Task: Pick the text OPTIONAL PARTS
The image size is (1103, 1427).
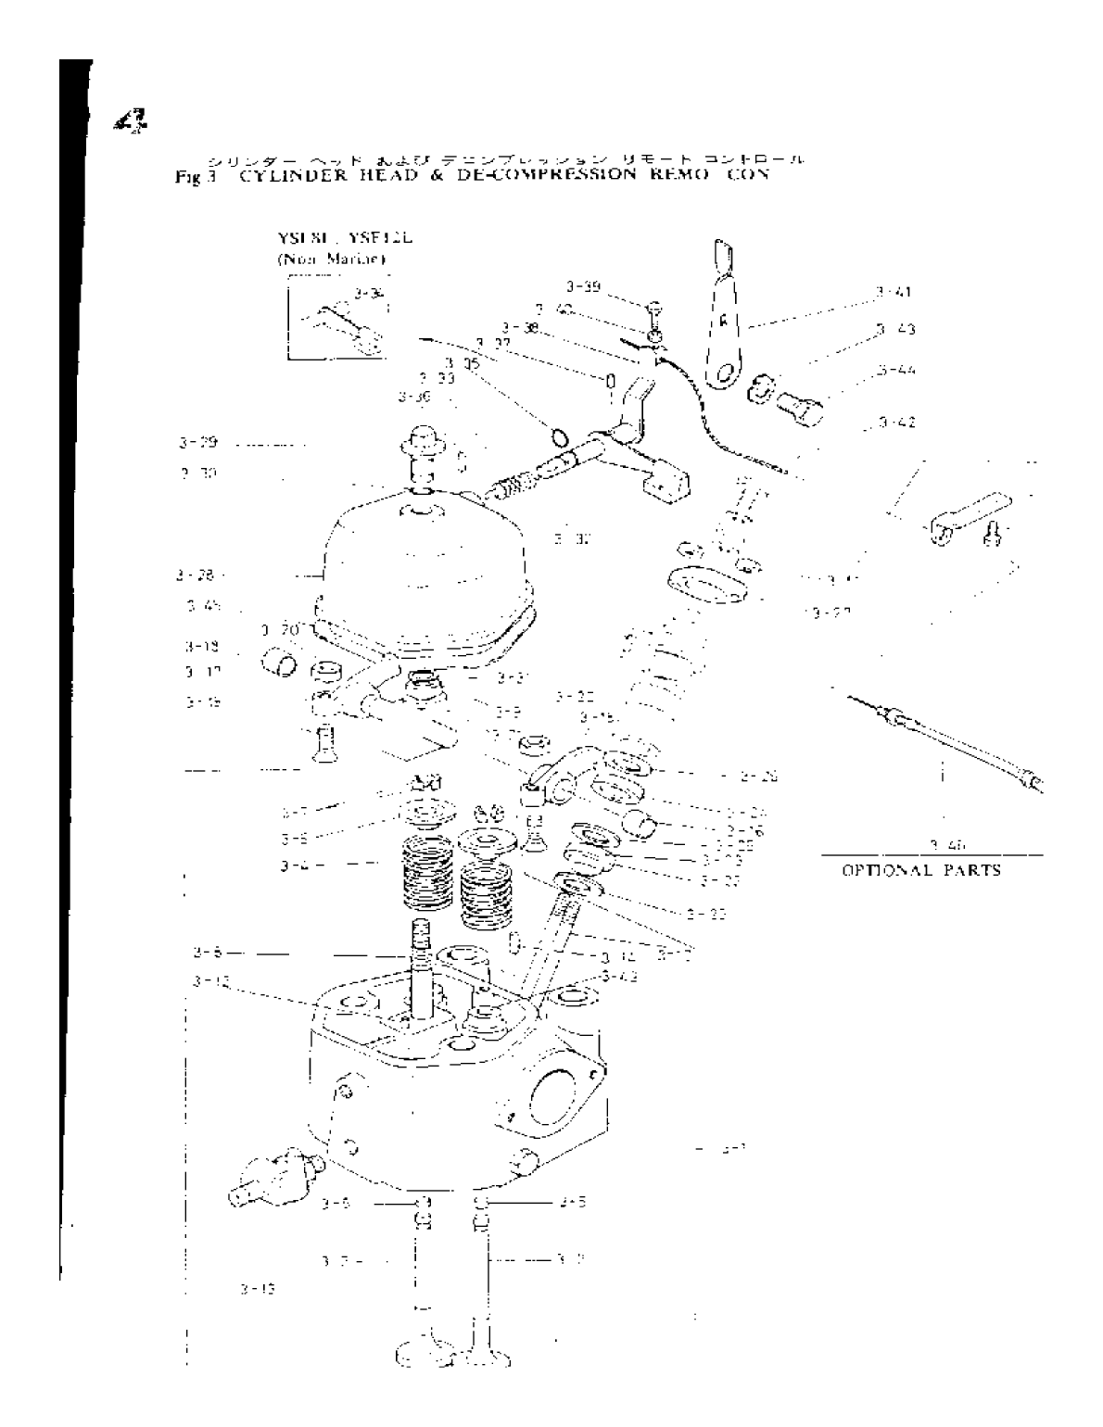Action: pyautogui.click(x=920, y=871)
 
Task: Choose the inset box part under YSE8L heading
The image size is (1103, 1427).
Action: pyautogui.click(x=339, y=322)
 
